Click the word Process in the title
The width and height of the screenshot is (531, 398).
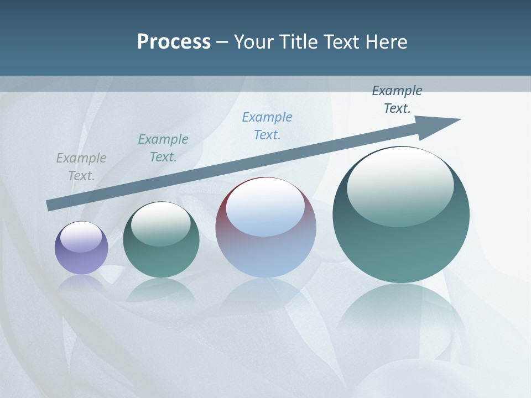[x=174, y=42]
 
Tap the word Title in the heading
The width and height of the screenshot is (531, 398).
[x=298, y=42]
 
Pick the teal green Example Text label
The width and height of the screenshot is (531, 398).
[x=163, y=148]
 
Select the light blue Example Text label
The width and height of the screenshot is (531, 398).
[x=267, y=126]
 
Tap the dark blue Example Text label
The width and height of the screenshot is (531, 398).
[x=397, y=99]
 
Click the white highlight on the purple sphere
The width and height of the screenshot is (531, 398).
[x=81, y=237]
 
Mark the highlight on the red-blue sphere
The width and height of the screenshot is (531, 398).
[x=265, y=208]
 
